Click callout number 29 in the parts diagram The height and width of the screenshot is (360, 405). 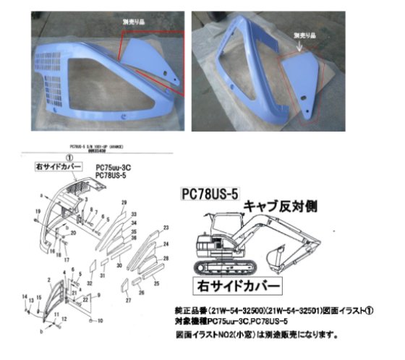click(x=124, y=202)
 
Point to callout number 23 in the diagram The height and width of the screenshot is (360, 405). click(x=166, y=227)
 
